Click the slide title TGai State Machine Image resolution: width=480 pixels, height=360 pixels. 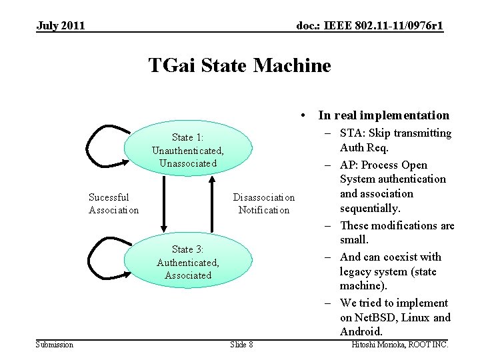[x=239, y=66]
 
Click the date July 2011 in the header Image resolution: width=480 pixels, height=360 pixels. [x=61, y=26]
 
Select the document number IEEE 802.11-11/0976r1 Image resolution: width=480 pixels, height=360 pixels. [x=369, y=26]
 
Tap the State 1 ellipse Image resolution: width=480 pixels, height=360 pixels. [x=187, y=150]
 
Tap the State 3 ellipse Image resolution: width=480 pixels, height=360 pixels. [x=187, y=262]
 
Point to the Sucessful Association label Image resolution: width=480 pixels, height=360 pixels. [x=113, y=203]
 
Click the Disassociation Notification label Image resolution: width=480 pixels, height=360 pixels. [x=263, y=203]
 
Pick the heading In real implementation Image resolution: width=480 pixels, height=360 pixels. [x=383, y=115]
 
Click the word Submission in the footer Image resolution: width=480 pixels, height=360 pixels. [x=55, y=344]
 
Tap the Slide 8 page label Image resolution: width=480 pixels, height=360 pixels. [x=241, y=344]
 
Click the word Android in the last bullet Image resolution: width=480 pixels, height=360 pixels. [x=361, y=331]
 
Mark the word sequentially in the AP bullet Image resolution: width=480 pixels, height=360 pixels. [x=369, y=208]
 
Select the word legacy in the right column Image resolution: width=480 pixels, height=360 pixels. [x=356, y=271]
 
